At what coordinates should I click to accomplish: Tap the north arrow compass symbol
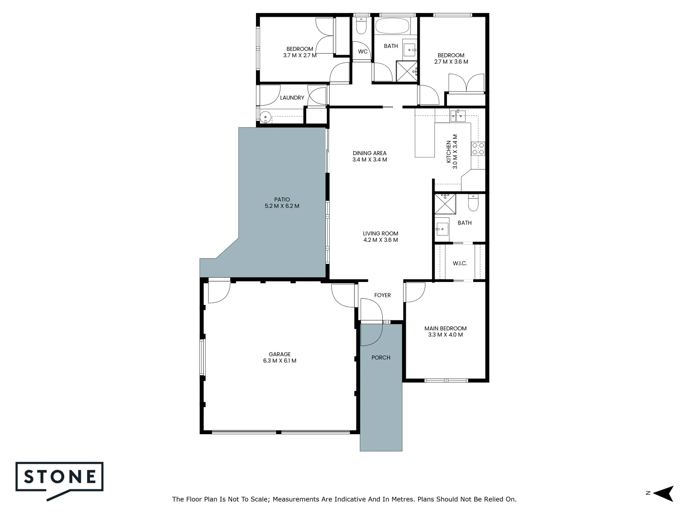pos(664,493)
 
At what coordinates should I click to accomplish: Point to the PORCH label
pos(381,358)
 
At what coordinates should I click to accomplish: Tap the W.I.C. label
pos(460,263)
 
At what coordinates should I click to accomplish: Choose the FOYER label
pos(382,295)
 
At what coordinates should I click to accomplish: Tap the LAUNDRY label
pos(292,98)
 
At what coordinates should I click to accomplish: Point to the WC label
pos(363,52)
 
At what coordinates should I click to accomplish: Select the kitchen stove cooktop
pos(478,149)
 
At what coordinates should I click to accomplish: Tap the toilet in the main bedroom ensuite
pos(473,204)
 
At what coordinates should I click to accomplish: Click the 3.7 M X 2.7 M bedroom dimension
pos(300,55)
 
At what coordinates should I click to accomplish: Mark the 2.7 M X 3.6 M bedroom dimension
pos(451,62)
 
